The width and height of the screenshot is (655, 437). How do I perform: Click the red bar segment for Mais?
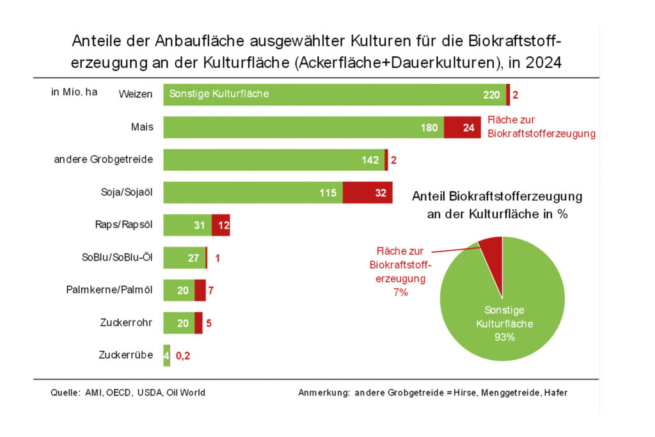click(x=462, y=127)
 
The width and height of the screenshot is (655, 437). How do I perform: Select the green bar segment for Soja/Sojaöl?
click(x=253, y=193)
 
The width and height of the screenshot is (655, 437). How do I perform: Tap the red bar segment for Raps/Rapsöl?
click(x=221, y=225)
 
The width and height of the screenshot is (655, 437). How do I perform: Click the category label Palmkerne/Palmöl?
click(x=109, y=290)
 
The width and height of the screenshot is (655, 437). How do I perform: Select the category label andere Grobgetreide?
click(x=104, y=159)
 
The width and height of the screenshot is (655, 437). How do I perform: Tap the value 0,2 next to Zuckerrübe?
click(x=183, y=356)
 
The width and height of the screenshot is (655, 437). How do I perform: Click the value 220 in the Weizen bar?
click(x=491, y=95)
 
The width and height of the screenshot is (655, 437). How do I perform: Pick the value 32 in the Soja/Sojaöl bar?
click(x=381, y=193)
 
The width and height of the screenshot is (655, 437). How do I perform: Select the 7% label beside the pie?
click(x=400, y=292)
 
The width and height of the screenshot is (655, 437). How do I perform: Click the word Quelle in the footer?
click(x=65, y=392)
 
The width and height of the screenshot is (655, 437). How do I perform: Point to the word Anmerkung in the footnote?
click(x=322, y=392)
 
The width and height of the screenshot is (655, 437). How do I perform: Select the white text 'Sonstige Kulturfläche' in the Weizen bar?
click(x=219, y=94)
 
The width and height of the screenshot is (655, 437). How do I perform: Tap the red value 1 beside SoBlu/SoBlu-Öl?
click(x=218, y=258)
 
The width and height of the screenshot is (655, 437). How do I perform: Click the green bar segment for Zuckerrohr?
click(x=178, y=323)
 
